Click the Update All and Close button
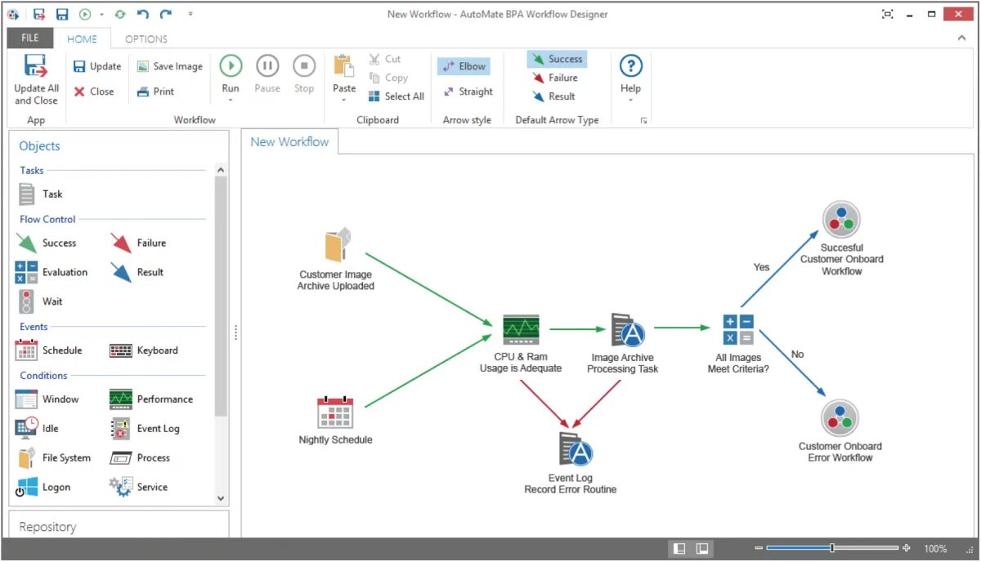[x=36, y=79]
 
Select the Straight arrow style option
[x=468, y=91]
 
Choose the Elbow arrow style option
[x=464, y=66]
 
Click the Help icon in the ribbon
[x=630, y=67]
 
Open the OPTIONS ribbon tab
[x=146, y=38]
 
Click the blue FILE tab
[x=30, y=38]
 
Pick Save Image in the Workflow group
[x=169, y=66]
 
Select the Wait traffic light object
[x=27, y=301]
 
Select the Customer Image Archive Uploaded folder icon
[x=337, y=245]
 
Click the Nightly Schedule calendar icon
[x=335, y=413]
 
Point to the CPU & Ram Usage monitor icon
[x=521, y=329]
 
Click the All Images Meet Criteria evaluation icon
[x=737, y=329]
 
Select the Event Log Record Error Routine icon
[x=574, y=448]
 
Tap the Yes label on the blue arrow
[x=761, y=267]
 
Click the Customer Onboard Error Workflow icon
[x=840, y=417]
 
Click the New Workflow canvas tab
[x=289, y=142]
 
